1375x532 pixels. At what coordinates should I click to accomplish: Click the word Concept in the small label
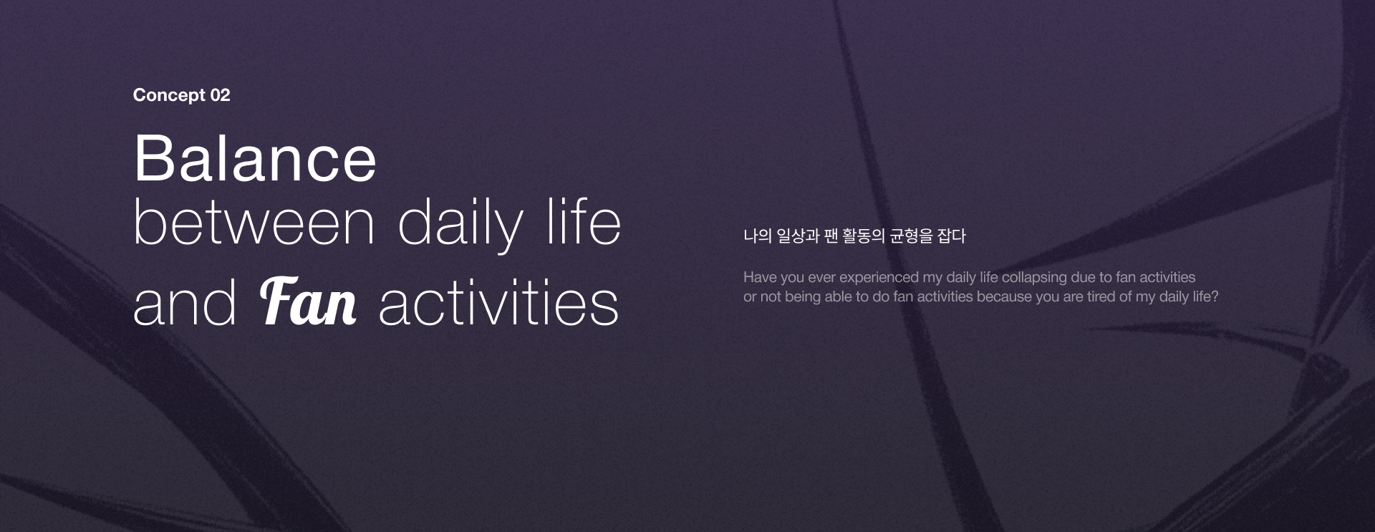pos(169,95)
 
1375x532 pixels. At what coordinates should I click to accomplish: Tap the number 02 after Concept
pos(221,95)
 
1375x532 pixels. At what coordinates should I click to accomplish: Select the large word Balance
pos(255,158)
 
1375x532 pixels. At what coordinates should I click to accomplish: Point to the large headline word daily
pos(460,226)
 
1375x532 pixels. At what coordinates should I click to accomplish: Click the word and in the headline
pos(185,303)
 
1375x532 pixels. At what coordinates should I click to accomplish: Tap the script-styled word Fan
pos(308,301)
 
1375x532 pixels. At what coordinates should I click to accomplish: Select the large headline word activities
pos(498,303)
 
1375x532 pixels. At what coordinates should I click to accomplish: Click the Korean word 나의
pos(757,236)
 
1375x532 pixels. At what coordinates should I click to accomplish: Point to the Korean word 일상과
pos(798,236)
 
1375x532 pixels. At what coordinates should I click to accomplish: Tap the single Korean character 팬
pos(831,236)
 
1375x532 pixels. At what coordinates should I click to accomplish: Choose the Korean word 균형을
pos(911,236)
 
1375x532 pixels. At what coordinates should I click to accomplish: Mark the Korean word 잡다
pos(952,236)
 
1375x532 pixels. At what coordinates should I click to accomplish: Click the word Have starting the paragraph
pos(759,277)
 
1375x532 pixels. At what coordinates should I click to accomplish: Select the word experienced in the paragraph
pos(879,278)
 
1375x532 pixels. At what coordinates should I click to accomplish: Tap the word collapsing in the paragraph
pos(1034,278)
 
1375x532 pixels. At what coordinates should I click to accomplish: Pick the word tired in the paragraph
pos(1101,296)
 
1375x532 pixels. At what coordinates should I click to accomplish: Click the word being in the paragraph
pos(803,297)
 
